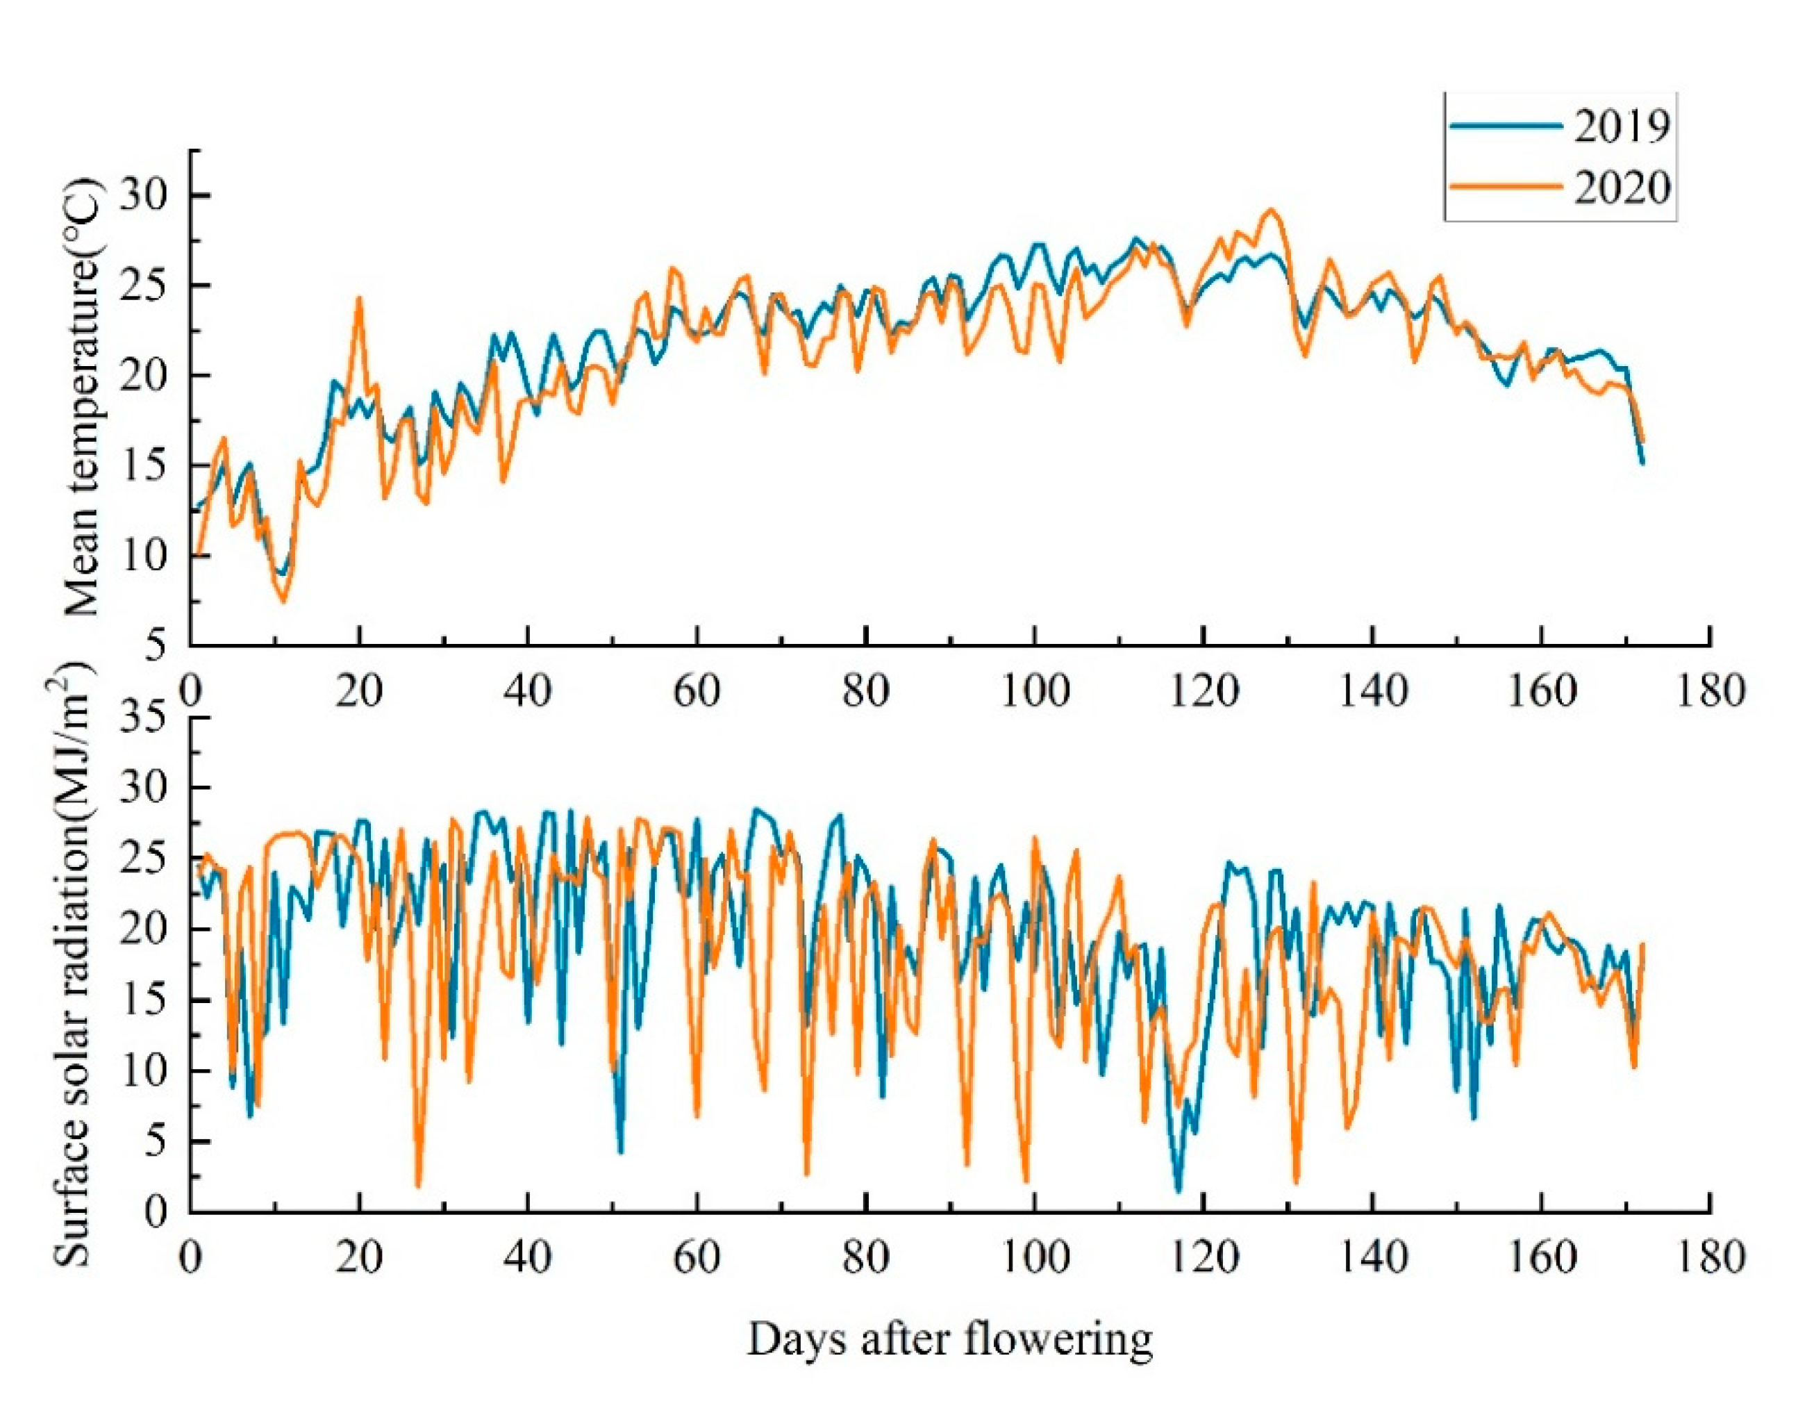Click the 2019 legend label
(x=1621, y=126)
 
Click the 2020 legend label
(x=1621, y=188)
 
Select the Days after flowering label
(x=950, y=1339)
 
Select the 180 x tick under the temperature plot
(x=1710, y=689)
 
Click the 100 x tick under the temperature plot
(x=1034, y=689)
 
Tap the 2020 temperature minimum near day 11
(x=283, y=601)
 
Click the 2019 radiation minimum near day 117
(x=1179, y=1191)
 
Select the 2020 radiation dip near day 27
(x=418, y=1184)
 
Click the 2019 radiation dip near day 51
(x=621, y=1152)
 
